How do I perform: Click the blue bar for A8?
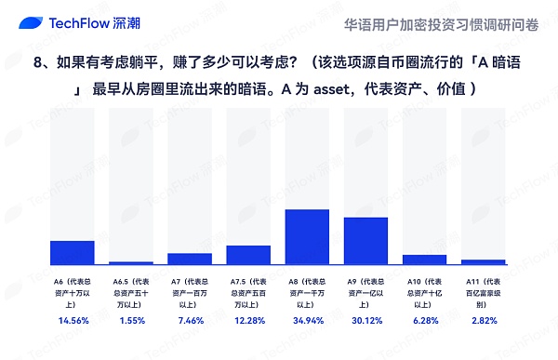coord(307,237)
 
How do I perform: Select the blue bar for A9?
coord(365,241)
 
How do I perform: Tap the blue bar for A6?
coord(72,253)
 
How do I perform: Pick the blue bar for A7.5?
coord(248,255)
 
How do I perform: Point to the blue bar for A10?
coord(424,260)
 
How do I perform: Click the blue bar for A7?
coord(190,259)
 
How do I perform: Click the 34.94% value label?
coord(307,321)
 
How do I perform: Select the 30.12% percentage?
coord(365,321)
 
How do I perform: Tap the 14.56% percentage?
coord(72,321)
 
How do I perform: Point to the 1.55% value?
coord(131,321)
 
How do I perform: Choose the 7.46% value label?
coord(190,321)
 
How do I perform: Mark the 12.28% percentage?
coord(248,321)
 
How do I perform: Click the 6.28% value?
coord(424,321)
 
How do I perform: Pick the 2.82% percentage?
coord(483,321)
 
